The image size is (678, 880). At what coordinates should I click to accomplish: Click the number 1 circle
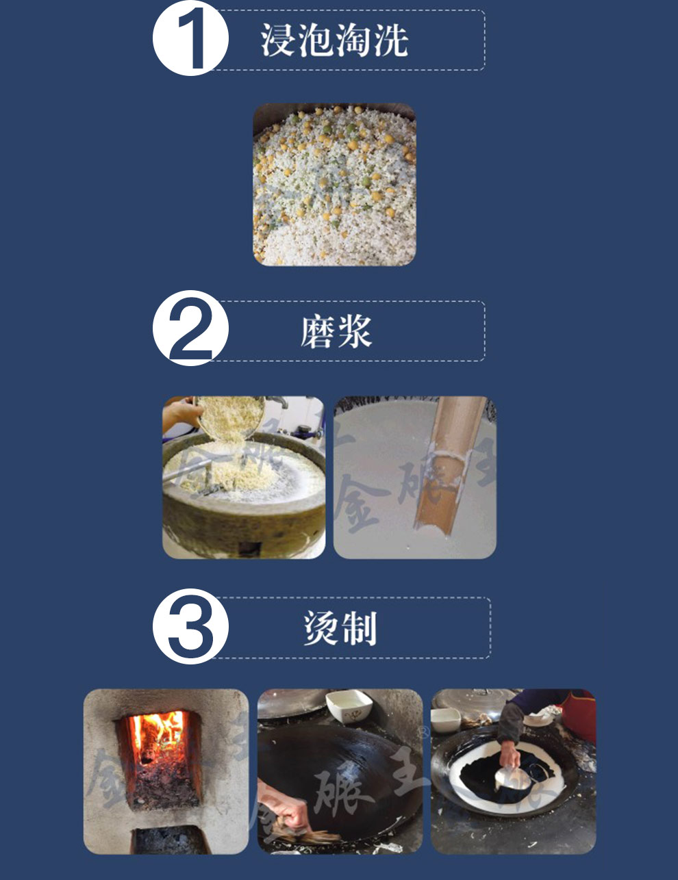pyautogui.click(x=191, y=38)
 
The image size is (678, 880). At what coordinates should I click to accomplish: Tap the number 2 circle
pyautogui.click(x=191, y=328)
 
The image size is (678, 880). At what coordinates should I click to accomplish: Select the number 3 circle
pyautogui.click(x=191, y=626)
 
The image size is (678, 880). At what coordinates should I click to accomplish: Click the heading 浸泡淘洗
pyautogui.click(x=334, y=40)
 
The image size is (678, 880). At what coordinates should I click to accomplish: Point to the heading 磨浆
pyautogui.click(x=336, y=332)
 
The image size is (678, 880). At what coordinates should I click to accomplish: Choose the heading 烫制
pyautogui.click(x=340, y=628)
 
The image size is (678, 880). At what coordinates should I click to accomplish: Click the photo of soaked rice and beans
pyautogui.click(x=334, y=185)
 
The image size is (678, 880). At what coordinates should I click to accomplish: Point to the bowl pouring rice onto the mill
pyautogui.click(x=229, y=419)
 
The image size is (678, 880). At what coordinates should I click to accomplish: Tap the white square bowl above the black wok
pyautogui.click(x=349, y=707)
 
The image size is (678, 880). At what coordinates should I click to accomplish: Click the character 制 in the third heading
pyautogui.click(x=360, y=628)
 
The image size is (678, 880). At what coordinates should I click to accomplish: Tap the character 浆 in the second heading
pyautogui.click(x=355, y=332)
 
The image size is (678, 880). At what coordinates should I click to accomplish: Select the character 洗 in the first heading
pyautogui.click(x=390, y=40)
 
